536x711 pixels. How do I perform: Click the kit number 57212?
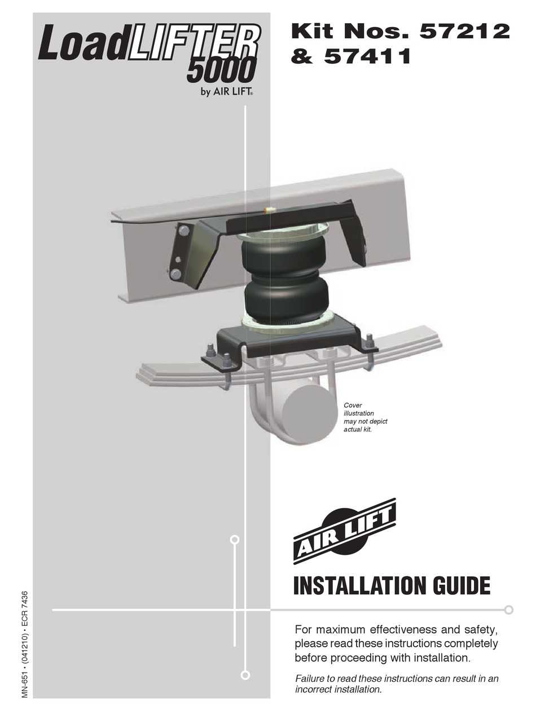point(464,32)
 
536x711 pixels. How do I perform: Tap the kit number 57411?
point(367,56)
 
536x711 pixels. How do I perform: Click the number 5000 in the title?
point(221,72)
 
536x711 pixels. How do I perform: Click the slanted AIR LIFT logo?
point(345,531)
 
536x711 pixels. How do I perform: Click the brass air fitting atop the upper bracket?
point(270,210)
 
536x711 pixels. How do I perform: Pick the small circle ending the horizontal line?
point(508,610)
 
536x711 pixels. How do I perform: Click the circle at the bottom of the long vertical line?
point(245,675)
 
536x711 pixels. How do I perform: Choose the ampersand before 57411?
point(302,56)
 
